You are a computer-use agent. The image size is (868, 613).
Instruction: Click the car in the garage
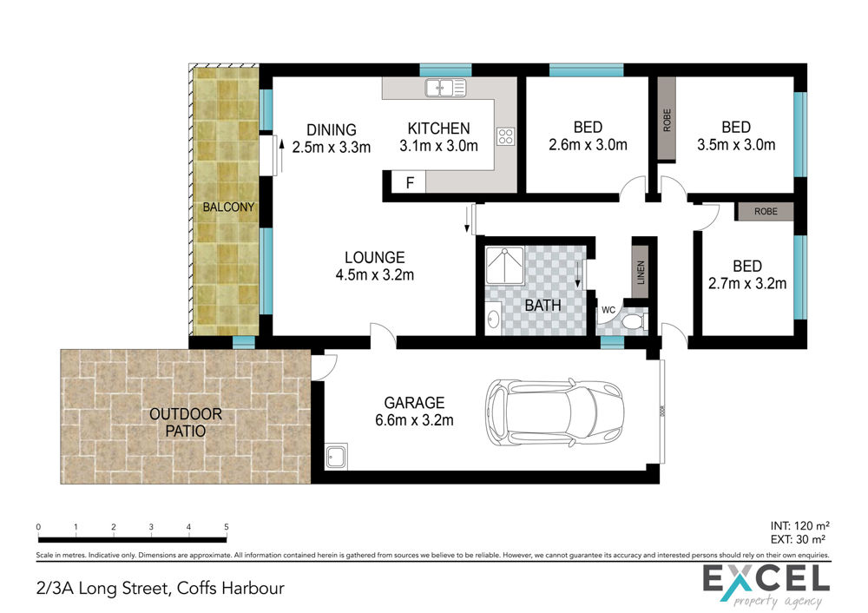click(x=555, y=412)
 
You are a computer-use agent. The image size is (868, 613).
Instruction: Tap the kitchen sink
click(x=445, y=88)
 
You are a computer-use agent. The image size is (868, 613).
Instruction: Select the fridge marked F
click(x=409, y=182)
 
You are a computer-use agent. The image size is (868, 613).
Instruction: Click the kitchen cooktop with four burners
click(x=505, y=136)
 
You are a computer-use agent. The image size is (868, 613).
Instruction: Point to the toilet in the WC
click(x=634, y=321)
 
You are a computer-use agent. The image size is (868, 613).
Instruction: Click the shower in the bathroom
click(x=504, y=267)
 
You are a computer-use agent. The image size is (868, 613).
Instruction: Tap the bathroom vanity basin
click(x=493, y=319)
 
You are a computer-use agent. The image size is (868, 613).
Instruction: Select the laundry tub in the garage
click(x=336, y=456)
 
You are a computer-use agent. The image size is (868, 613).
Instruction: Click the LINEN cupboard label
click(x=641, y=273)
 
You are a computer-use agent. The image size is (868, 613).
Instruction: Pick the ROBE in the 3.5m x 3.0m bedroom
click(x=667, y=120)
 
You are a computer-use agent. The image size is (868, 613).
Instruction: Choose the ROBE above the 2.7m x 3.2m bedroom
click(x=765, y=212)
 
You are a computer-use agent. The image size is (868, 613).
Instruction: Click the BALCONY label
click(x=228, y=208)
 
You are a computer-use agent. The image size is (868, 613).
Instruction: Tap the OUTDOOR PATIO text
click(x=186, y=423)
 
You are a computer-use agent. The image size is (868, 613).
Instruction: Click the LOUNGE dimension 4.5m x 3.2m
click(x=375, y=274)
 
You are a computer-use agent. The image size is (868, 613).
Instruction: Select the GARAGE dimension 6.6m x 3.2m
click(x=414, y=420)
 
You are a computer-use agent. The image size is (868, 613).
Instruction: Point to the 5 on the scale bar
click(x=227, y=527)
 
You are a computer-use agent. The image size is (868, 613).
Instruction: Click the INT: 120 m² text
click(x=799, y=525)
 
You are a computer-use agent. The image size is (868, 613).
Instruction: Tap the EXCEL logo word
click(x=766, y=578)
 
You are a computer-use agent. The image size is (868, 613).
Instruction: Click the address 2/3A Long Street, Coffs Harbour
click(x=160, y=588)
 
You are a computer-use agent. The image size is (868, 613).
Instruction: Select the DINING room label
click(x=331, y=129)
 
